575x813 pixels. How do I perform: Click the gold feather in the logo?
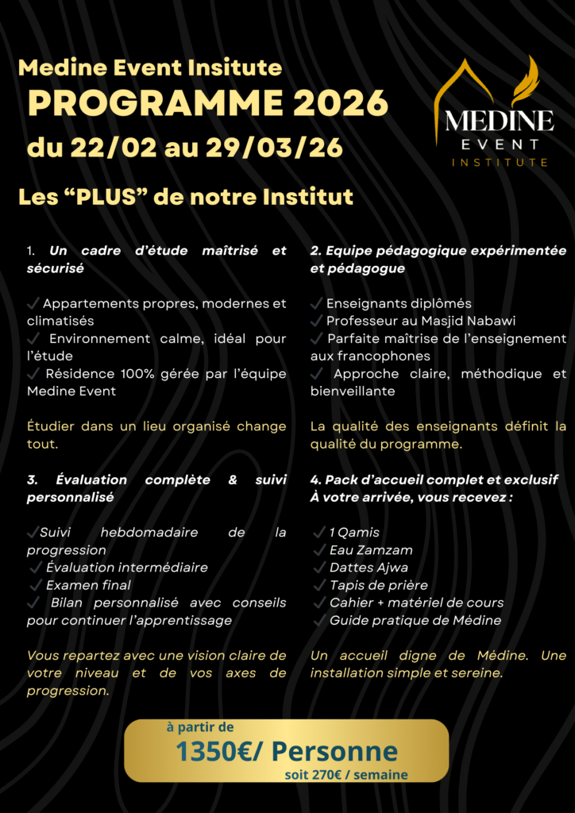point(526,81)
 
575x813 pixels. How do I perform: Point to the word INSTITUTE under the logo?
point(500,163)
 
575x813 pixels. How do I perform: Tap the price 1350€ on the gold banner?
point(213,751)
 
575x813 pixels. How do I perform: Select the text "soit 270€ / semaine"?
point(346,775)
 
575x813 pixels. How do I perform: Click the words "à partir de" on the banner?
point(200,727)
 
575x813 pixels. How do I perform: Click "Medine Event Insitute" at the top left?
point(150,68)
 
